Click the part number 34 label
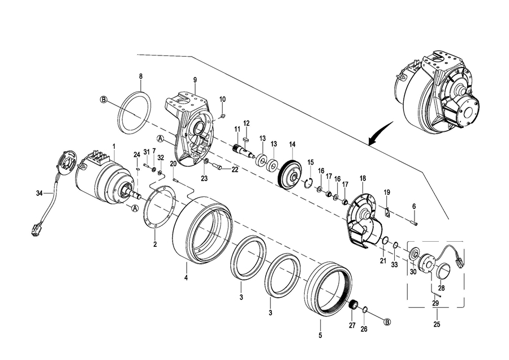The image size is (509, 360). pos(39,194)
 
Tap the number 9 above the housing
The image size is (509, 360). pos(195,80)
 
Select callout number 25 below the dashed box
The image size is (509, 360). pos(437,324)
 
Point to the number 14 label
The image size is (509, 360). pos(292,144)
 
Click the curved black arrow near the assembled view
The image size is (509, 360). pos(381,134)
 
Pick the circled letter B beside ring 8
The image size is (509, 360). pos(103,100)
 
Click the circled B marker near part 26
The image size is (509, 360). pos(387,322)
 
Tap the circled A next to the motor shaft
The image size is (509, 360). pos(135,208)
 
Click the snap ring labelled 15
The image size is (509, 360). pos(309,183)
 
